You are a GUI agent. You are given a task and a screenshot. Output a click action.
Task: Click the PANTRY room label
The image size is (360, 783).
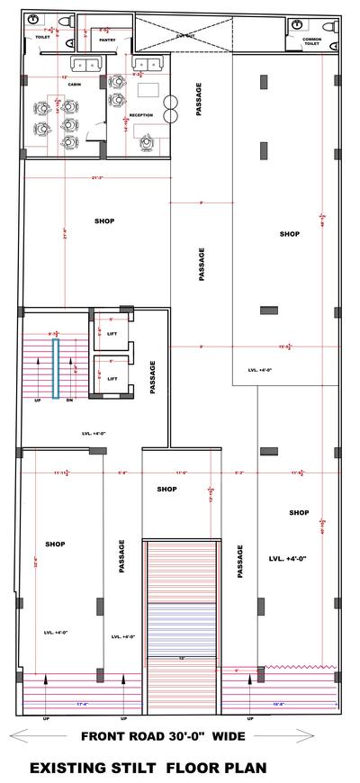pyautogui.click(x=107, y=40)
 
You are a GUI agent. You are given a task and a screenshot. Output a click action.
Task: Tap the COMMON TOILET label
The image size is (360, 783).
pyautogui.click(x=311, y=41)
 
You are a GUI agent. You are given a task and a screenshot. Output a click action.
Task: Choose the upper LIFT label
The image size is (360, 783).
pyautogui.click(x=112, y=333)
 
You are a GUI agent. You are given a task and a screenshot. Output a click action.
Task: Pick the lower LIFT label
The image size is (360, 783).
pyautogui.click(x=112, y=379)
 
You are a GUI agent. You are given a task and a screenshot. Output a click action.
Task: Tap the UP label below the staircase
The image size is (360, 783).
pyautogui.click(x=38, y=400)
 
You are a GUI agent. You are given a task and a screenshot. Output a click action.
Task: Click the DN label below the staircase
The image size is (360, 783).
pyautogui.click(x=68, y=400)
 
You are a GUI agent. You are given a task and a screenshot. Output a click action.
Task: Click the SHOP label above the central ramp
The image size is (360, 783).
pyautogui.click(x=166, y=490)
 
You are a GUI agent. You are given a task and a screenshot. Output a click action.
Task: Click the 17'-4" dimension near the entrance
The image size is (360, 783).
pyautogui.click(x=81, y=690)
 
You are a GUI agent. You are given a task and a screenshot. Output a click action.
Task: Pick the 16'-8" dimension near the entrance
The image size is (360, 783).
pyautogui.click(x=278, y=690)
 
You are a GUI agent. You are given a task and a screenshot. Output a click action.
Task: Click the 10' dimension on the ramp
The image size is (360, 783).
pyautogui.click(x=181, y=658)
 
